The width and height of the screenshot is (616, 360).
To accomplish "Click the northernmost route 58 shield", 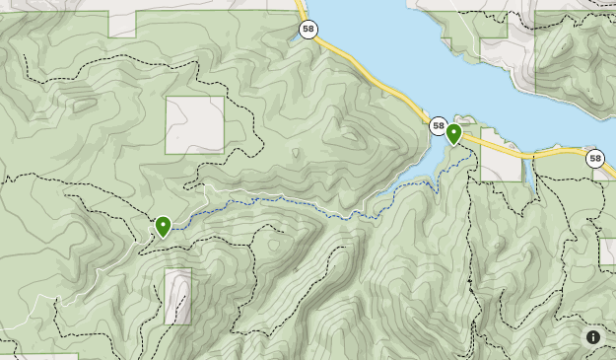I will tap(308, 31).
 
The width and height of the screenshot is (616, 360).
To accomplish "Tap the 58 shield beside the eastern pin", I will tap(439, 125).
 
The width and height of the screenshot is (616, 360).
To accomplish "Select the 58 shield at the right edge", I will tap(594, 158).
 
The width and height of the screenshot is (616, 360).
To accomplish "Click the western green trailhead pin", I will tap(163, 227).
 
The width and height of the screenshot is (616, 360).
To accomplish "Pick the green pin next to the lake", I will tap(454, 133).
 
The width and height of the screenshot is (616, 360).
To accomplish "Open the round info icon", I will tap(593, 337).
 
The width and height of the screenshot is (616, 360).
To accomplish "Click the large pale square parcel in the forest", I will tap(194, 125).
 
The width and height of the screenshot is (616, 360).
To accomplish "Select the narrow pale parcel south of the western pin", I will tap(178, 296).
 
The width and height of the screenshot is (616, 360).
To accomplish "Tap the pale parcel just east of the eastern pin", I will tap(501, 167).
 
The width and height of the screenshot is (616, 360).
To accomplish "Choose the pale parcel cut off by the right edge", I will tap(608, 252).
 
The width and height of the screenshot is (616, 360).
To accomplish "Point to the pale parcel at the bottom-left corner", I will tap(39, 356).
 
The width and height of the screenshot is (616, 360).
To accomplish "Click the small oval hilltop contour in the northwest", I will tap(84, 102).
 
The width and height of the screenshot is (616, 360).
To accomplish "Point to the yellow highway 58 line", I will tap(375, 75).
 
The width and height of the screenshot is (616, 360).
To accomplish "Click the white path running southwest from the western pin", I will tap(79, 281).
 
